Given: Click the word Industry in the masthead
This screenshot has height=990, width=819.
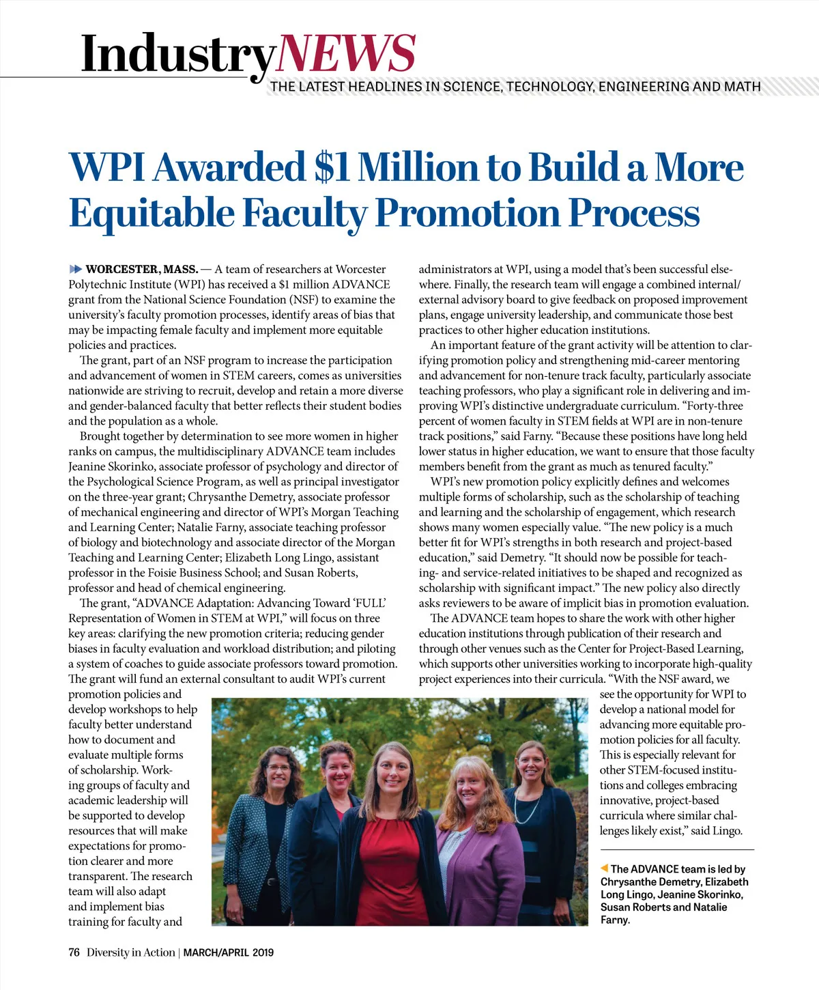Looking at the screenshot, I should click(x=177, y=55).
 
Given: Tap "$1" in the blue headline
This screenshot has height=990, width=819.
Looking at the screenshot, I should click(x=332, y=167).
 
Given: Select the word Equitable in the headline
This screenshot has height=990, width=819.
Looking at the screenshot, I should click(x=152, y=213).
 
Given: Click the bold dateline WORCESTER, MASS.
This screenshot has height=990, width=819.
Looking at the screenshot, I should click(x=142, y=269).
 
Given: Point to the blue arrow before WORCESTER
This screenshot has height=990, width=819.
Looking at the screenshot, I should click(x=76, y=269).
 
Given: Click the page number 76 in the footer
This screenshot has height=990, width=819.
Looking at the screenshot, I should click(x=74, y=952).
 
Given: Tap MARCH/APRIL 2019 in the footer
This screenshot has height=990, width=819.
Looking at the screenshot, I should click(x=228, y=952).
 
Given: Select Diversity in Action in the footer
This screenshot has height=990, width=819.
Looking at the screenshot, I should click(x=130, y=952).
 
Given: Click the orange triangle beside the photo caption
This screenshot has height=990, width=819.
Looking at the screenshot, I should click(x=604, y=868).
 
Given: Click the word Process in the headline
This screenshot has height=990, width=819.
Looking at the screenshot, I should click(x=634, y=213).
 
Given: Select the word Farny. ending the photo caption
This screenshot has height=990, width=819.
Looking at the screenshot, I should click(x=615, y=920).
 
